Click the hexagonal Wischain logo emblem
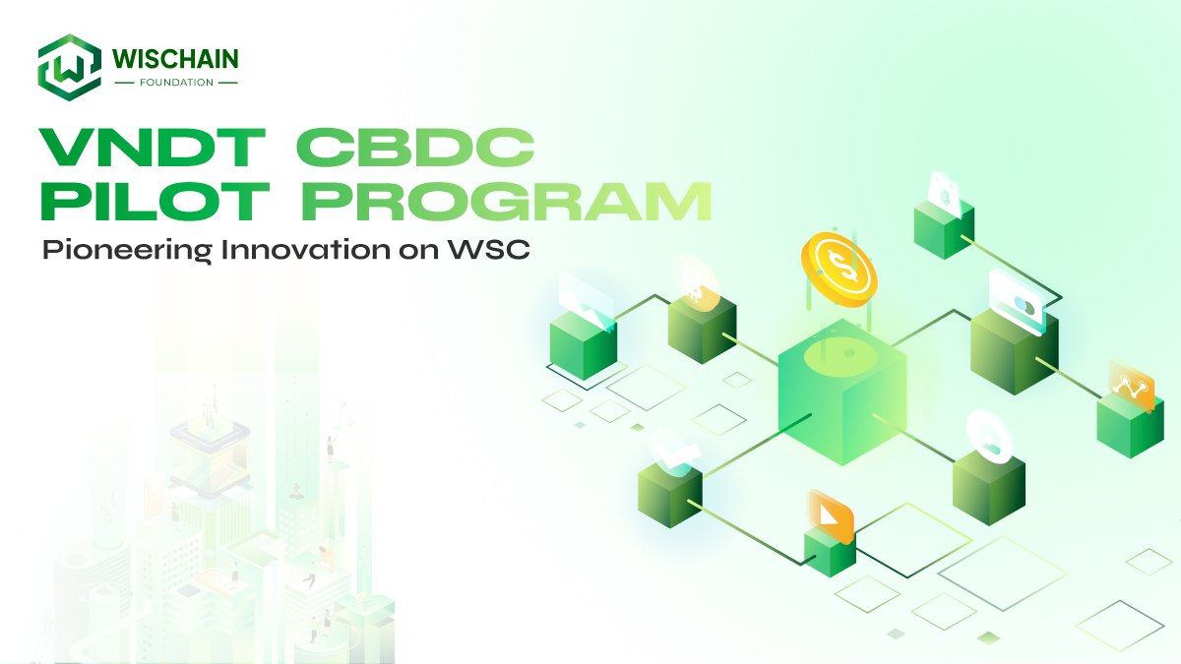pos(70,67)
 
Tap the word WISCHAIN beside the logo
pos(175,58)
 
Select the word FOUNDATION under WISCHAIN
pos(176,83)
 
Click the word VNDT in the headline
pos(153,148)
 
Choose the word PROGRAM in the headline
pos(506,201)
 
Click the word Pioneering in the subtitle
pos(127,250)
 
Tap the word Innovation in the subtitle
pos(306,249)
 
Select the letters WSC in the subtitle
pos(489,249)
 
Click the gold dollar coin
pos(839,270)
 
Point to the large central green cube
pos(842,392)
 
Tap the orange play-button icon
pos(831,516)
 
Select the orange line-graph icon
pos(1132,387)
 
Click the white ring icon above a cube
pos(989,438)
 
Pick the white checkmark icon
pos(674,453)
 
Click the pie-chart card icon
pos(1017,303)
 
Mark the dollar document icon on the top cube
pos(944,194)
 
